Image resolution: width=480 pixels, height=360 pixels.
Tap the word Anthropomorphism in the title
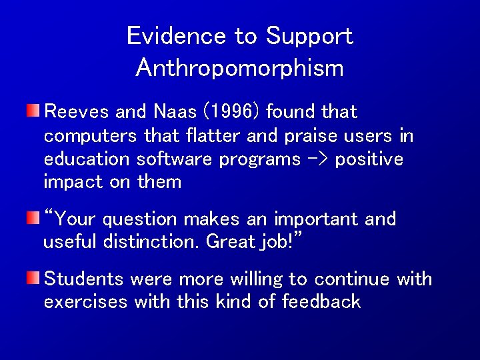pyautogui.click(x=239, y=67)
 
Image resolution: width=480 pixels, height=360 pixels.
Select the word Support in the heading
pyautogui.click(x=309, y=37)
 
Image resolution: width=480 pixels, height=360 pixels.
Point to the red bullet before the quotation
pyautogui.click(x=33, y=218)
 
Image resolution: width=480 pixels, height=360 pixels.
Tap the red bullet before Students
pyautogui.click(x=33, y=278)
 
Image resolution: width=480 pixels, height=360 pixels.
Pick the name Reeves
pyautogui.click(x=75, y=112)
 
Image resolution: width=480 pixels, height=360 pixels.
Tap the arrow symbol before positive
pyautogui.click(x=317, y=160)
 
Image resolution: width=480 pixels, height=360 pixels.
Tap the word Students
pyautogui.click(x=84, y=279)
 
